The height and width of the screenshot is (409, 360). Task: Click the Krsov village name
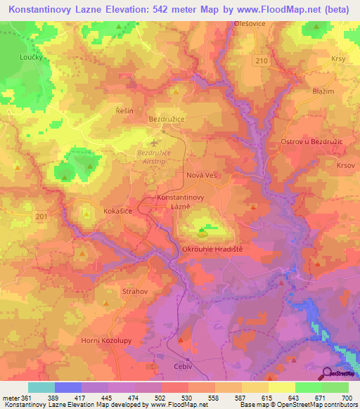tap(345, 165)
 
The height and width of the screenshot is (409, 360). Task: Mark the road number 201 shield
tap(41, 216)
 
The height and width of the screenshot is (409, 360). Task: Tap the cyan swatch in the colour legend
tap(41, 387)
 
